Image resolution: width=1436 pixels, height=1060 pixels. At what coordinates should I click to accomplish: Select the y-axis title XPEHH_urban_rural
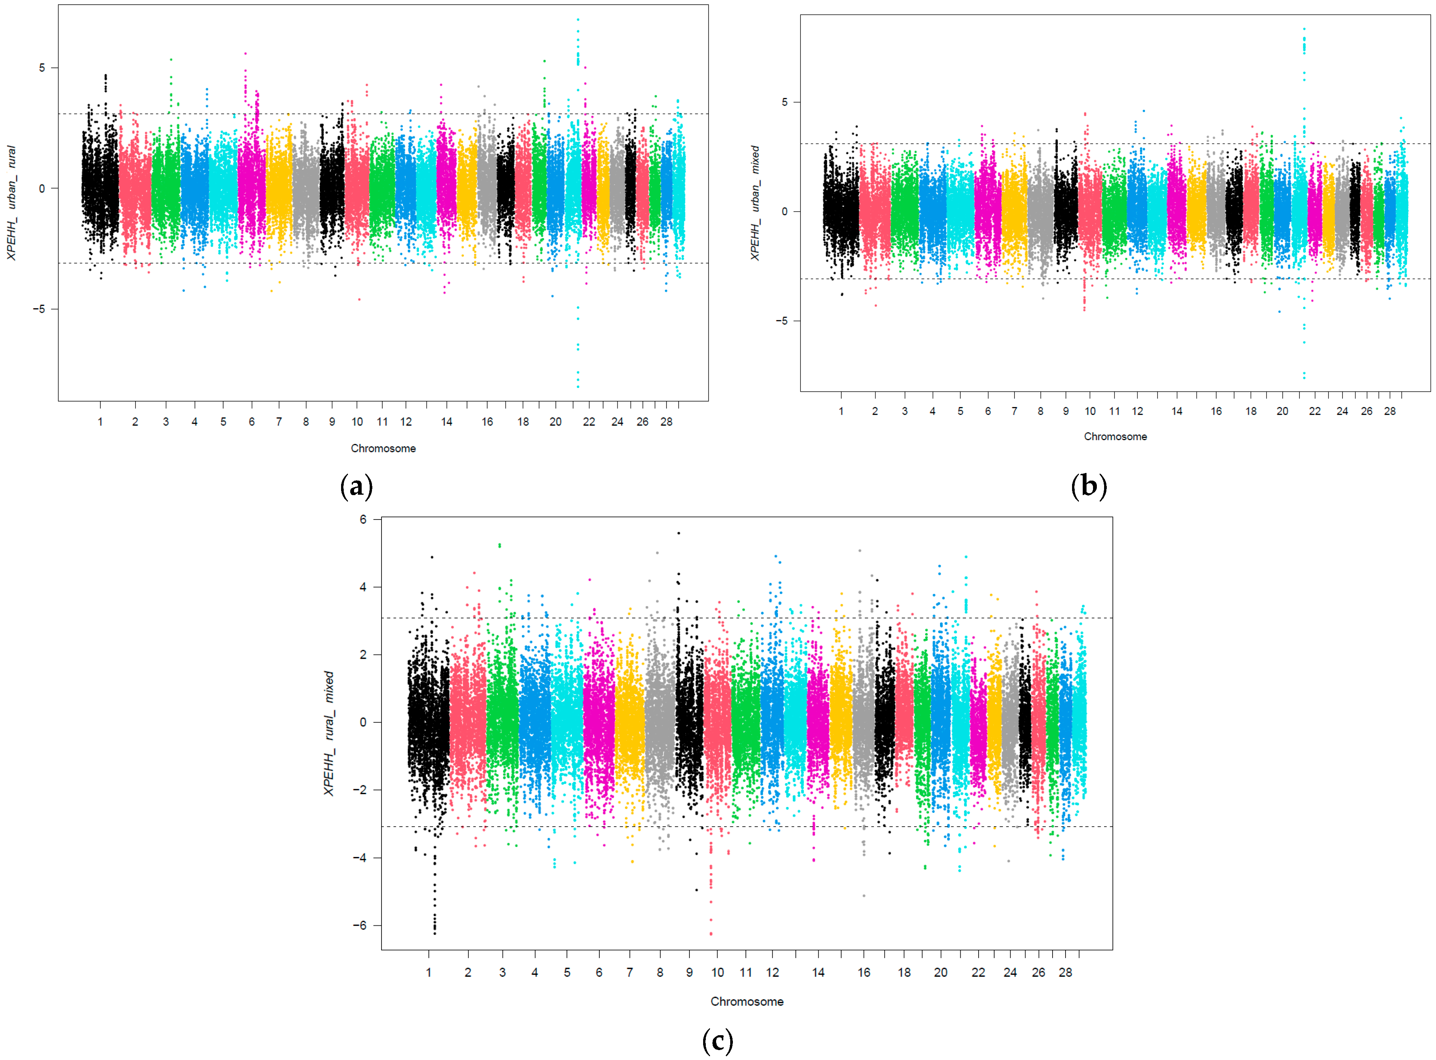(11, 203)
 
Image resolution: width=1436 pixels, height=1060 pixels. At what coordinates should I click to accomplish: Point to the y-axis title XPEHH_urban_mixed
(755, 203)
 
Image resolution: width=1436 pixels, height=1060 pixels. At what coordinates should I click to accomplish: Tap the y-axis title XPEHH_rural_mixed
(328, 733)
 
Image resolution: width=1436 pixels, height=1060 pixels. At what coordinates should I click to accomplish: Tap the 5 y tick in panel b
(784, 102)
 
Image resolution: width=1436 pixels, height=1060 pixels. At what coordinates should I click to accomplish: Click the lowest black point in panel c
(435, 934)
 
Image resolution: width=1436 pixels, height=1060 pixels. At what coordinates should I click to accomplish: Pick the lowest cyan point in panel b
(1303, 378)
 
